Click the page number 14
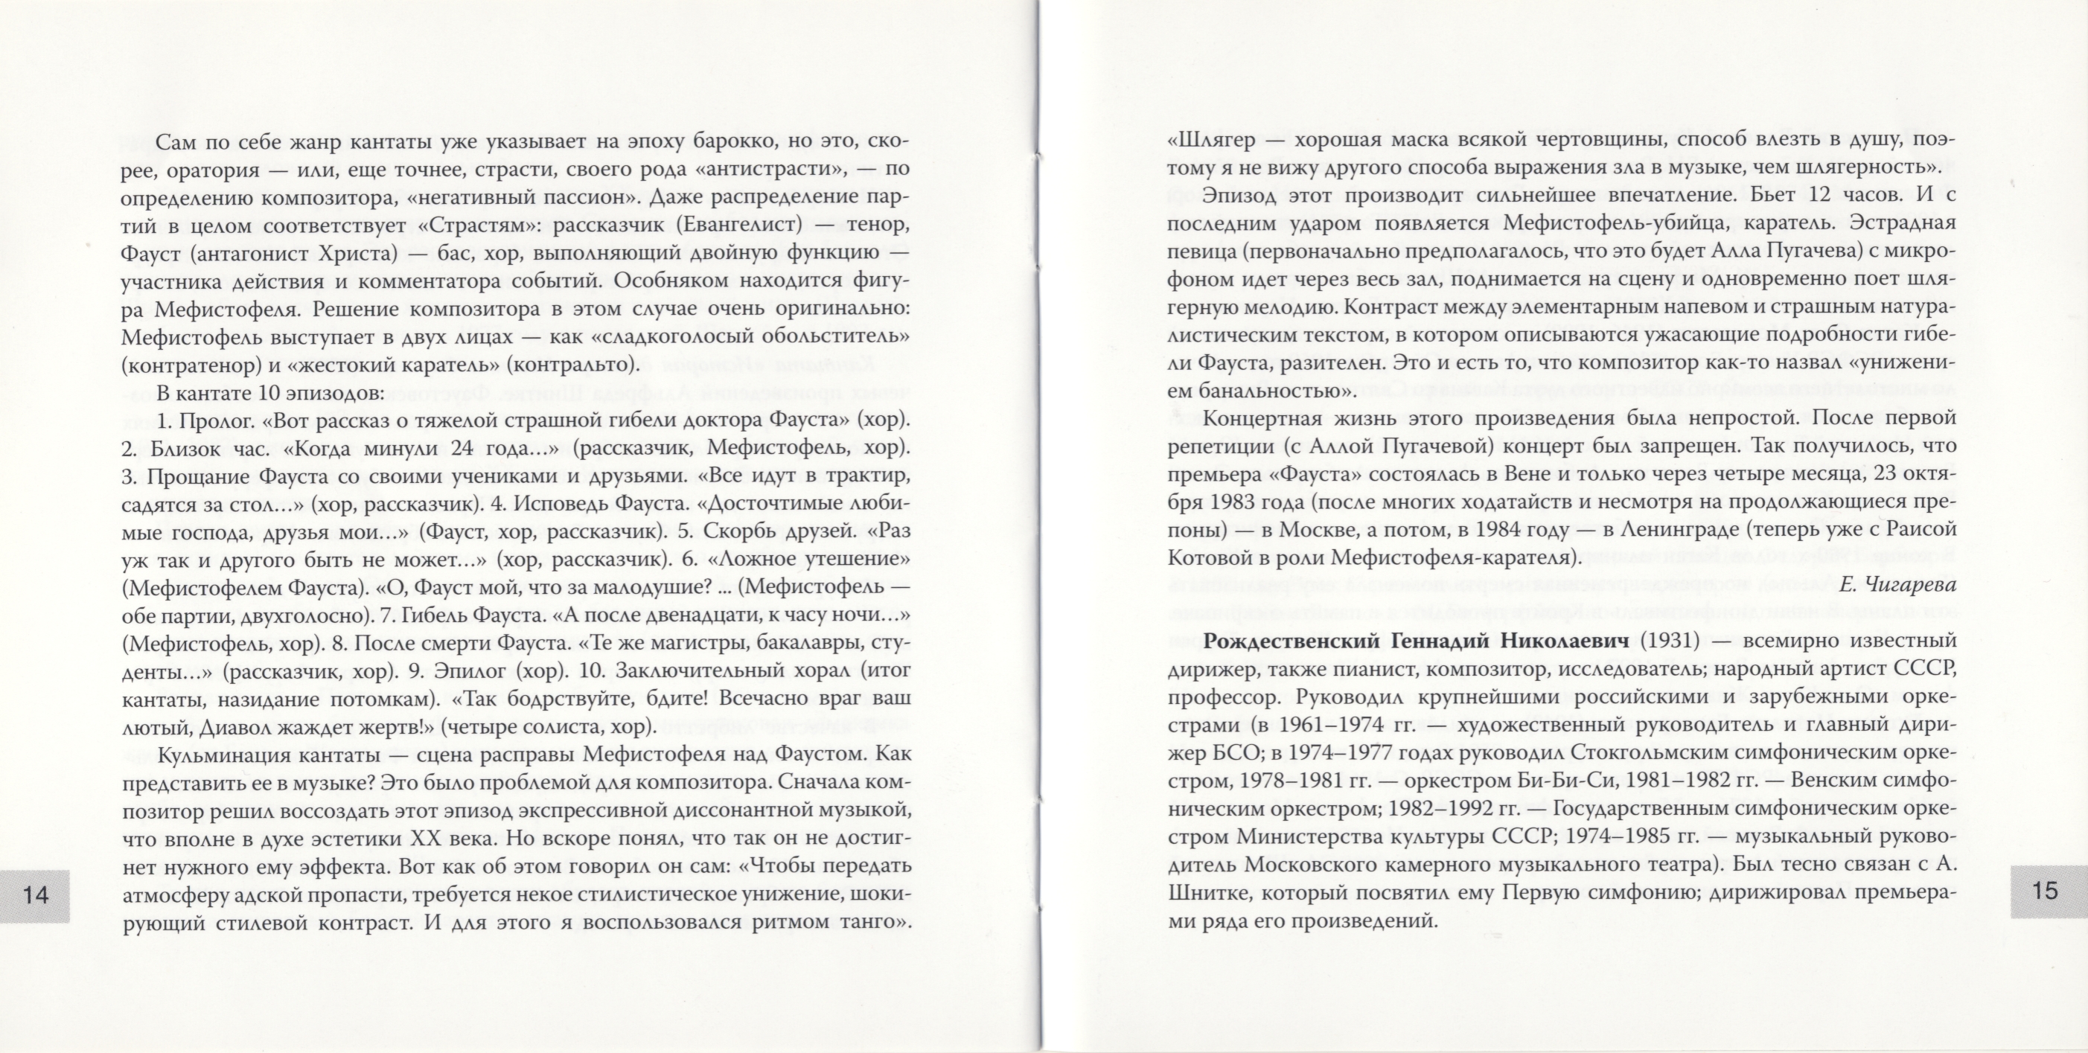tap(36, 895)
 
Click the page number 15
tap(2045, 891)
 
